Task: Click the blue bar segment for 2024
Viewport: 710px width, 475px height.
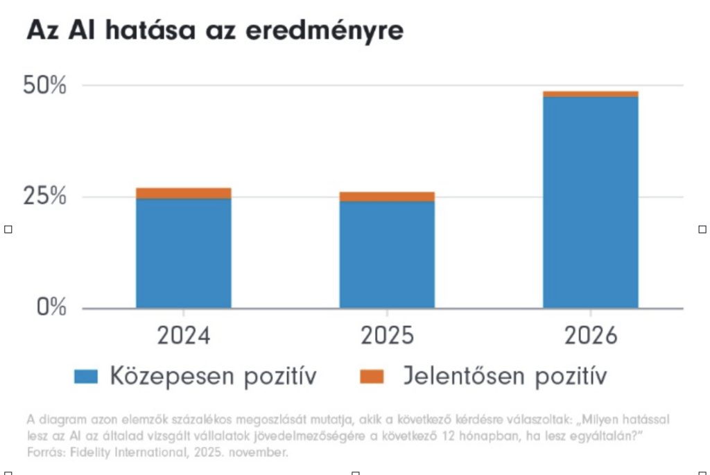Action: click(x=183, y=253)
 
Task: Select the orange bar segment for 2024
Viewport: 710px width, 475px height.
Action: click(x=183, y=193)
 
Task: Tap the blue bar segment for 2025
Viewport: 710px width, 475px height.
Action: click(x=387, y=254)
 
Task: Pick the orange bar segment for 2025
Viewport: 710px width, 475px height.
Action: click(x=387, y=197)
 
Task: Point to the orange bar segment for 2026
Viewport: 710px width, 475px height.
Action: click(x=590, y=94)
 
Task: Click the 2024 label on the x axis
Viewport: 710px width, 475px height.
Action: click(x=183, y=337)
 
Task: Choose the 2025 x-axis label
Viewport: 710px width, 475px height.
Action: click(x=387, y=337)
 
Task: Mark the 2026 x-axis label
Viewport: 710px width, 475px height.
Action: click(x=590, y=337)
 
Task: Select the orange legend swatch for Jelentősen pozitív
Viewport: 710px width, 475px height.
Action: click(x=372, y=376)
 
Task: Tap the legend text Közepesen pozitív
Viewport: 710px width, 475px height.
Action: click(x=213, y=377)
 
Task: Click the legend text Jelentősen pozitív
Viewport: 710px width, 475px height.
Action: click(x=505, y=377)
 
